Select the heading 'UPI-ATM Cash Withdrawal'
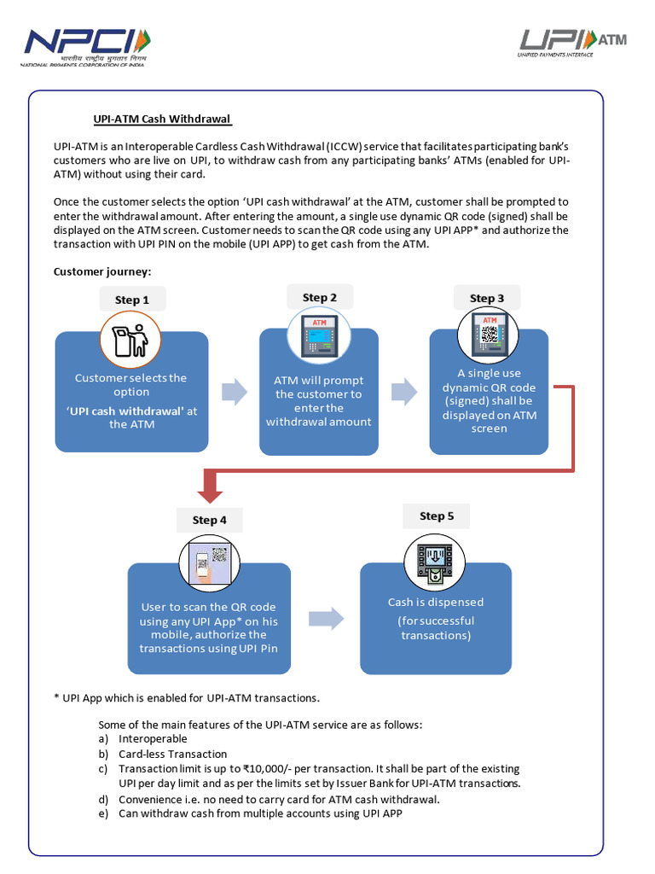point(162,119)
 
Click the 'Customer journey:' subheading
point(101,271)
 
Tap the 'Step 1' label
point(132,300)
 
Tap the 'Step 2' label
point(320,297)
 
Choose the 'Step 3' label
point(487,298)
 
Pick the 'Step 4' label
point(210,520)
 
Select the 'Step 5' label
point(437,516)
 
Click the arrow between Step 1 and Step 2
point(234,393)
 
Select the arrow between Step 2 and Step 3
point(403,393)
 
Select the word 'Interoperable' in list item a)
point(154,738)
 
